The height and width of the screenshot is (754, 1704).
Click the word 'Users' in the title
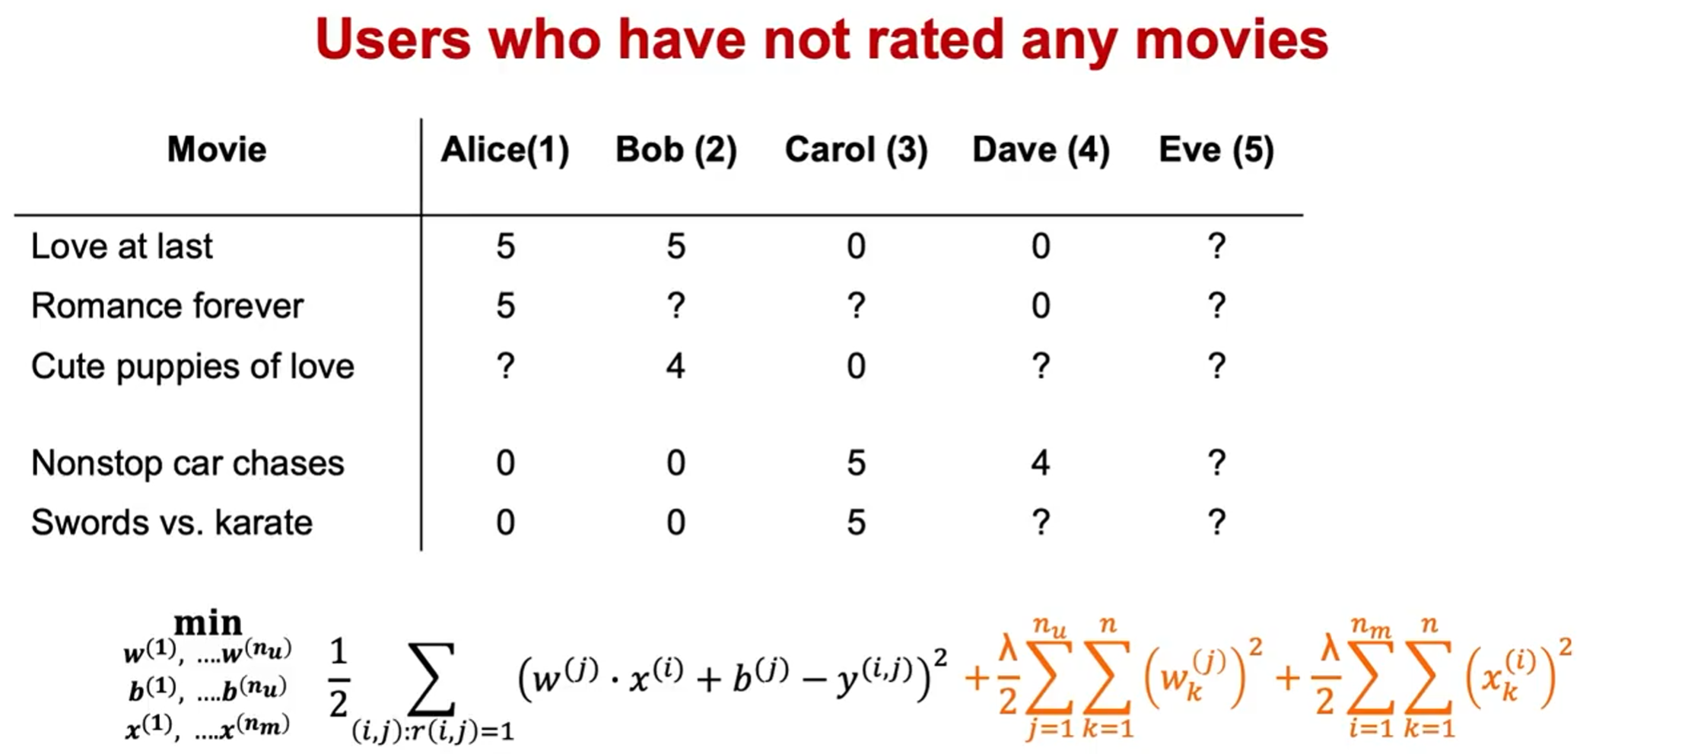point(393,40)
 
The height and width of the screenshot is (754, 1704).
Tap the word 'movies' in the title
point(1232,40)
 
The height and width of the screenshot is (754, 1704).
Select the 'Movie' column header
point(217,149)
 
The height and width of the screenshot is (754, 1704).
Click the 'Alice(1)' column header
point(505,150)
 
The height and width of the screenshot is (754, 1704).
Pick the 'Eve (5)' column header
point(1216,150)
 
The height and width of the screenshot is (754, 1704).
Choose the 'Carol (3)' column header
point(857,150)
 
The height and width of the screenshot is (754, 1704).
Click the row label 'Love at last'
point(122,247)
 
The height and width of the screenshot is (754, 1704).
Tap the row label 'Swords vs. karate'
point(172,523)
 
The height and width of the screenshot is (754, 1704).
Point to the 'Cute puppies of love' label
point(192,367)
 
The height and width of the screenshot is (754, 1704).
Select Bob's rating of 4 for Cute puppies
point(676,366)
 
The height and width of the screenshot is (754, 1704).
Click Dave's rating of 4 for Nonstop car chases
point(1041,463)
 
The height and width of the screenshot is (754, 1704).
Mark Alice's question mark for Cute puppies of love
point(506,366)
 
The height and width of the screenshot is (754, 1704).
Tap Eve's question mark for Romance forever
point(1216,306)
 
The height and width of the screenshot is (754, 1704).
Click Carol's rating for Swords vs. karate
point(857,523)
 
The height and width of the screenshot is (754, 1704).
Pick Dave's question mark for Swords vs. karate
point(1041,523)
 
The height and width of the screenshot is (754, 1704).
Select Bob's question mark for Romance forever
point(676,306)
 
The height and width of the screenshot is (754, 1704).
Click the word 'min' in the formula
point(208,622)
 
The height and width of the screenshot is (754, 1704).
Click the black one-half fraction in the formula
point(339,678)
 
